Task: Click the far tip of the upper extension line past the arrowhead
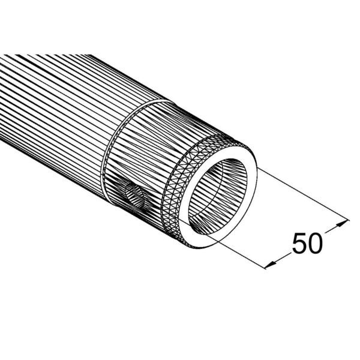(349, 220)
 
